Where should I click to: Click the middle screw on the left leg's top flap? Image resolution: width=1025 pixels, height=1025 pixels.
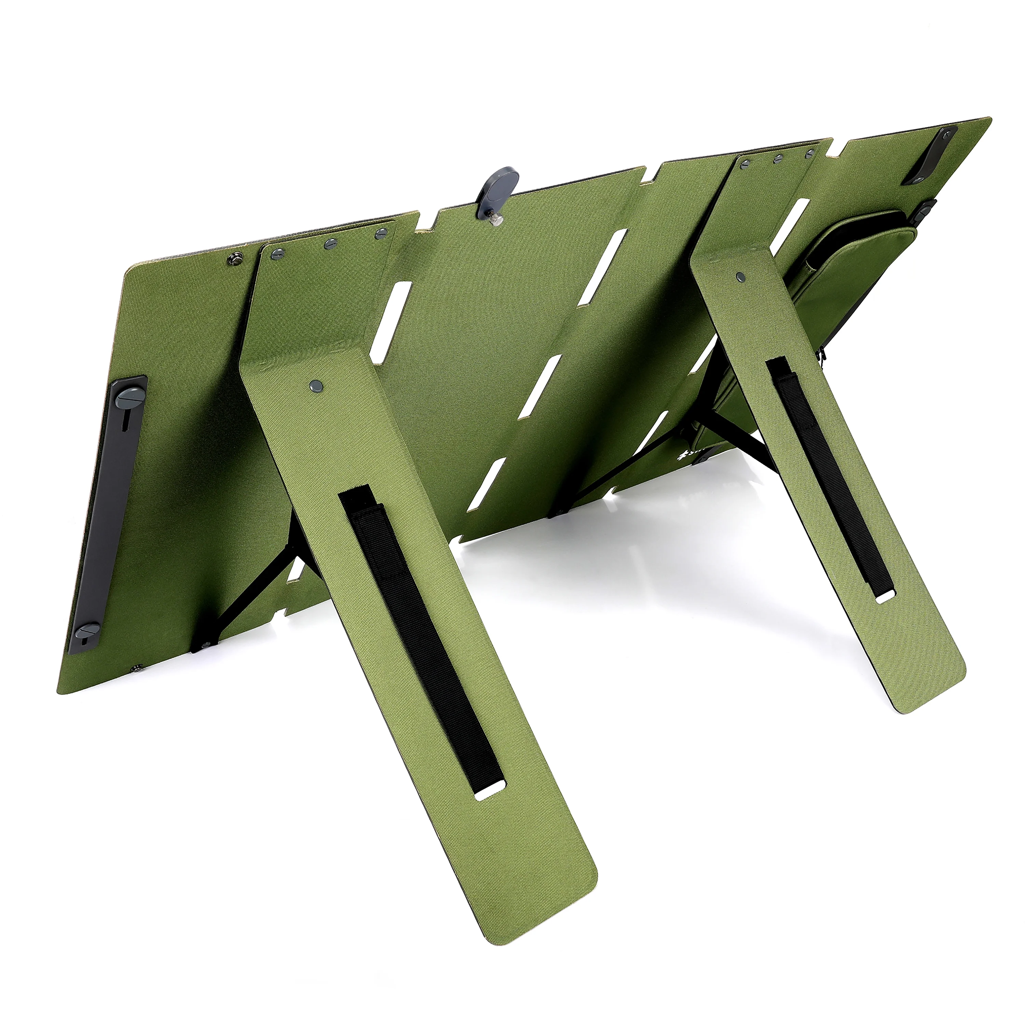[330, 244]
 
